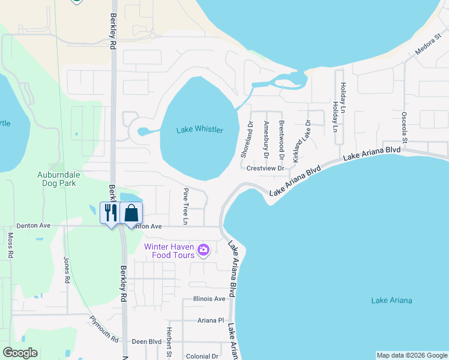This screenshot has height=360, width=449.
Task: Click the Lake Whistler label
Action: pyautogui.click(x=200, y=130)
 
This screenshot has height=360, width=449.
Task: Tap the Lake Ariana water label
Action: pyautogui.click(x=391, y=301)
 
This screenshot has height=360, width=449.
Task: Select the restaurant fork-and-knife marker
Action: pyautogui.click(x=110, y=213)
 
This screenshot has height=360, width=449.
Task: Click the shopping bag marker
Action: pyautogui.click(x=131, y=213)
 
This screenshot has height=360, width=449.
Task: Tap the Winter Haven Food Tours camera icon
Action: pyautogui.click(x=204, y=250)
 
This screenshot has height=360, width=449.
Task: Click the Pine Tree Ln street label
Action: pyautogui.click(x=186, y=206)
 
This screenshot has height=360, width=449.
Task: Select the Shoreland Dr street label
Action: pyautogui.click(x=247, y=139)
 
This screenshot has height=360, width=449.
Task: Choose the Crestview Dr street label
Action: pyautogui.click(x=265, y=169)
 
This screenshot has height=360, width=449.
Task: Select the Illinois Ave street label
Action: pyautogui.click(x=209, y=299)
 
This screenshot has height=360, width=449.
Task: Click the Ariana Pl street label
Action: pyautogui.click(x=211, y=320)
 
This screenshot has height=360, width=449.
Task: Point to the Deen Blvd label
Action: pyautogui.click(x=147, y=341)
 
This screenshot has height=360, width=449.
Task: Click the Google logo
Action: pyautogui.click(x=20, y=353)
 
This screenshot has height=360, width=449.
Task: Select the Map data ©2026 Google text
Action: pyautogui.click(x=412, y=355)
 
